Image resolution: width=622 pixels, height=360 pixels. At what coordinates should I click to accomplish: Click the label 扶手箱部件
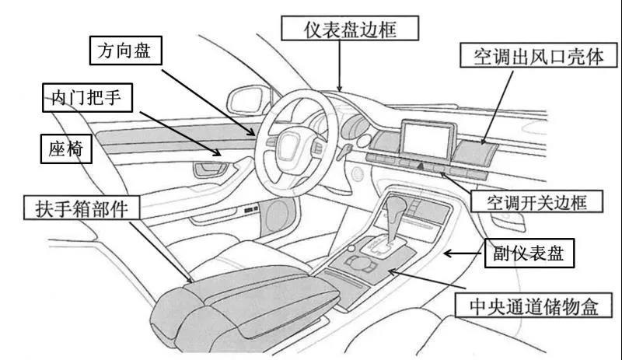86,208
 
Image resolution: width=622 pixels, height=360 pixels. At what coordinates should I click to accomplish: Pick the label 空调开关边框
536,202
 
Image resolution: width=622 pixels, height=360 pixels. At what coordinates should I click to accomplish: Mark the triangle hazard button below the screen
421,166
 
